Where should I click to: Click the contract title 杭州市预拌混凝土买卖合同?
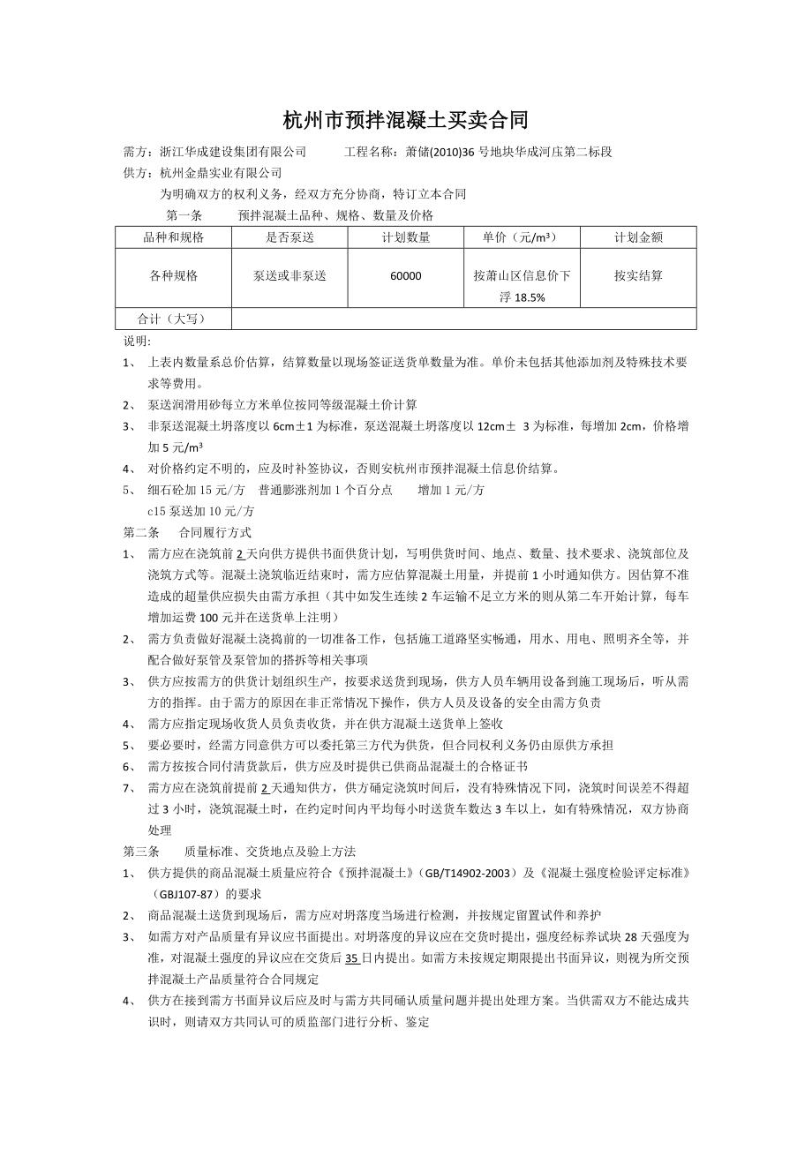pyautogui.click(x=405, y=119)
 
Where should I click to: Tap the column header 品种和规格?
pyautogui.click(x=174, y=237)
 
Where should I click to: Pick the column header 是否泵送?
pyautogui.click(x=289, y=237)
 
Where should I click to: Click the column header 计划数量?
pyautogui.click(x=406, y=237)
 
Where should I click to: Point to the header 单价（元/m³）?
pyautogui.click(x=522, y=237)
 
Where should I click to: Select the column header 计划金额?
pyautogui.click(x=638, y=237)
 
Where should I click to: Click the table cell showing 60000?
pyautogui.click(x=406, y=276)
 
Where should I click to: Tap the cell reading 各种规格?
pyautogui.click(x=174, y=276)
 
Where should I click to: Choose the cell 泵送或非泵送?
pyautogui.click(x=289, y=276)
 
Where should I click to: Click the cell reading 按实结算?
pyautogui.click(x=638, y=276)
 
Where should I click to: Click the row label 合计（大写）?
pyautogui.click(x=174, y=319)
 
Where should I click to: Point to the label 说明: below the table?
pyautogui.click(x=137, y=341)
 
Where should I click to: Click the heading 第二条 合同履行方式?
pyautogui.click(x=186, y=533)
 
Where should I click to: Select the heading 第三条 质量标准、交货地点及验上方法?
pyautogui.click(x=238, y=852)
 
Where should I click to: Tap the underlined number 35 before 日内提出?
pyautogui.click(x=351, y=957)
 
